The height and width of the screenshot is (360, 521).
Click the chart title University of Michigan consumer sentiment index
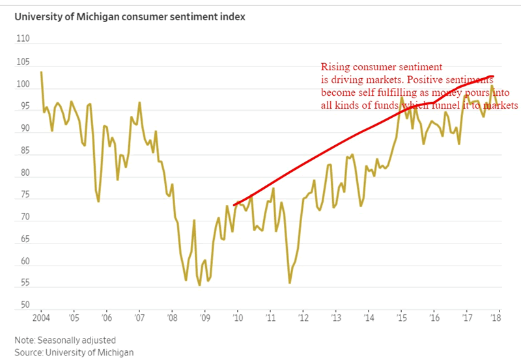(x=130, y=17)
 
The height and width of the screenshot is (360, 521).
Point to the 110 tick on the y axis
(x=23, y=40)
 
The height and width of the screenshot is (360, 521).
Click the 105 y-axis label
(x=23, y=62)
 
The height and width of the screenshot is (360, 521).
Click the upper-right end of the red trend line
(x=493, y=76)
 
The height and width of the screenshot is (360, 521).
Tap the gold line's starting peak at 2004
(x=41, y=72)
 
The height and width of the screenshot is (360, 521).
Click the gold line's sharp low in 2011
(x=290, y=283)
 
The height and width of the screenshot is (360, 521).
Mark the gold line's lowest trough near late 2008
(x=199, y=285)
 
